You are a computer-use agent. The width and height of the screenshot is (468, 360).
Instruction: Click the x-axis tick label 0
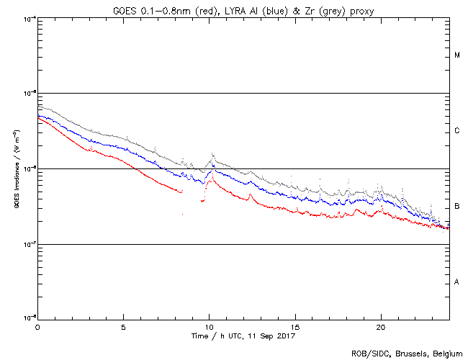point(37,326)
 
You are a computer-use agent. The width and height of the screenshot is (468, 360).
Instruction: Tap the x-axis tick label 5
point(123,326)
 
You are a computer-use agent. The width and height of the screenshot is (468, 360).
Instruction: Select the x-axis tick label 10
point(209,326)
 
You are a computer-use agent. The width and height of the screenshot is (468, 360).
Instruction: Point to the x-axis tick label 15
point(294,326)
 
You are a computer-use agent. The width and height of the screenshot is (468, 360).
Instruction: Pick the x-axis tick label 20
point(380,326)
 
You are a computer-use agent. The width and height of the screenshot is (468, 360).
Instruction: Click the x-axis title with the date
point(243,336)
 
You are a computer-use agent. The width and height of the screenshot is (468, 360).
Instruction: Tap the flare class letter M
point(457,55)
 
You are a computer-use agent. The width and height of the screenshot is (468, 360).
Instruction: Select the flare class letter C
point(457,131)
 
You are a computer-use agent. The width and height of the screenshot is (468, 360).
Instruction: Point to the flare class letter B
point(457,207)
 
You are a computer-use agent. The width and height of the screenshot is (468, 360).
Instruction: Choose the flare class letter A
point(457,282)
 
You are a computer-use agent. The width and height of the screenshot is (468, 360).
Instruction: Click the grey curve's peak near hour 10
point(213,154)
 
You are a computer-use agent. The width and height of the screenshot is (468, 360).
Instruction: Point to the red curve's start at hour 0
point(38,117)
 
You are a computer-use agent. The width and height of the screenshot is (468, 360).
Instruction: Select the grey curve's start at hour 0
point(38,107)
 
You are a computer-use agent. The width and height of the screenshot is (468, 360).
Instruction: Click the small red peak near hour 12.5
point(250,194)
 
